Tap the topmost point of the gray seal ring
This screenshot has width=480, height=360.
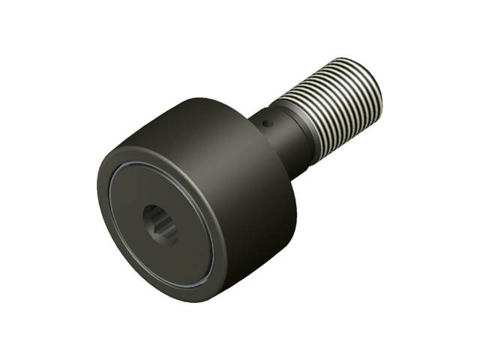[154, 161]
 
